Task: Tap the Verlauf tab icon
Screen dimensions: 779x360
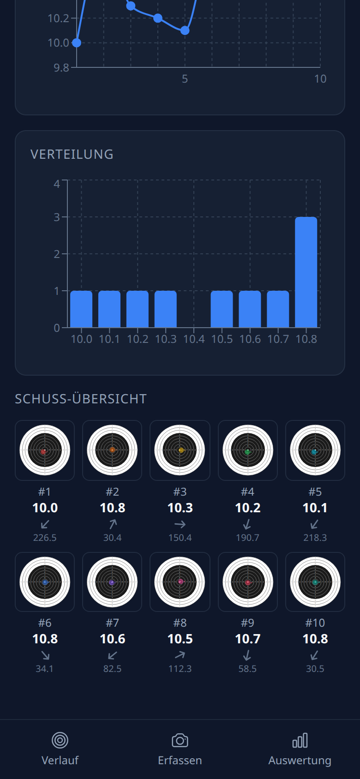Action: click(60, 740)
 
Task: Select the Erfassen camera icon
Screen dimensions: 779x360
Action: click(180, 740)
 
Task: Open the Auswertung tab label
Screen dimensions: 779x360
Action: click(300, 760)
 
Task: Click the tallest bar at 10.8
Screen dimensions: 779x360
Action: click(306, 272)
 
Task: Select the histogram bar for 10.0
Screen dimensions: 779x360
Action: click(81, 309)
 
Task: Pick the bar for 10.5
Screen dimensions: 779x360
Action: click(222, 309)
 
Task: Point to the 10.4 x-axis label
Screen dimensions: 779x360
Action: click(194, 339)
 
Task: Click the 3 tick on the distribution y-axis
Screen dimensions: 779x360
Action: click(57, 217)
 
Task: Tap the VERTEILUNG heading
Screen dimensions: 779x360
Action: click(72, 154)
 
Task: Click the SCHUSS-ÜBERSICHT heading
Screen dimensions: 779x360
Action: click(81, 399)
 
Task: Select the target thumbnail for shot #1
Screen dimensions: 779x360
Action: click(45, 450)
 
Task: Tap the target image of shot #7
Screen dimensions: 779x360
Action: click(112, 582)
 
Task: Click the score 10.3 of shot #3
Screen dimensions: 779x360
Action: click(180, 508)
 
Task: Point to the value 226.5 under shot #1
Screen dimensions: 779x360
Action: click(45, 538)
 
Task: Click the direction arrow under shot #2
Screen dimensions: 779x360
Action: click(113, 524)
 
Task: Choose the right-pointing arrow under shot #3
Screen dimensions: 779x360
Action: click(180, 524)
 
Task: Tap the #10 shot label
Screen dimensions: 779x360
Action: click(315, 623)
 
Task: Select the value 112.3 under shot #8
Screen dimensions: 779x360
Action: click(180, 669)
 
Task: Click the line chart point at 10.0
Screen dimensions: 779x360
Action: click(77, 43)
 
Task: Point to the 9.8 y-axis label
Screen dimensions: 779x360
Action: click(61, 68)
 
